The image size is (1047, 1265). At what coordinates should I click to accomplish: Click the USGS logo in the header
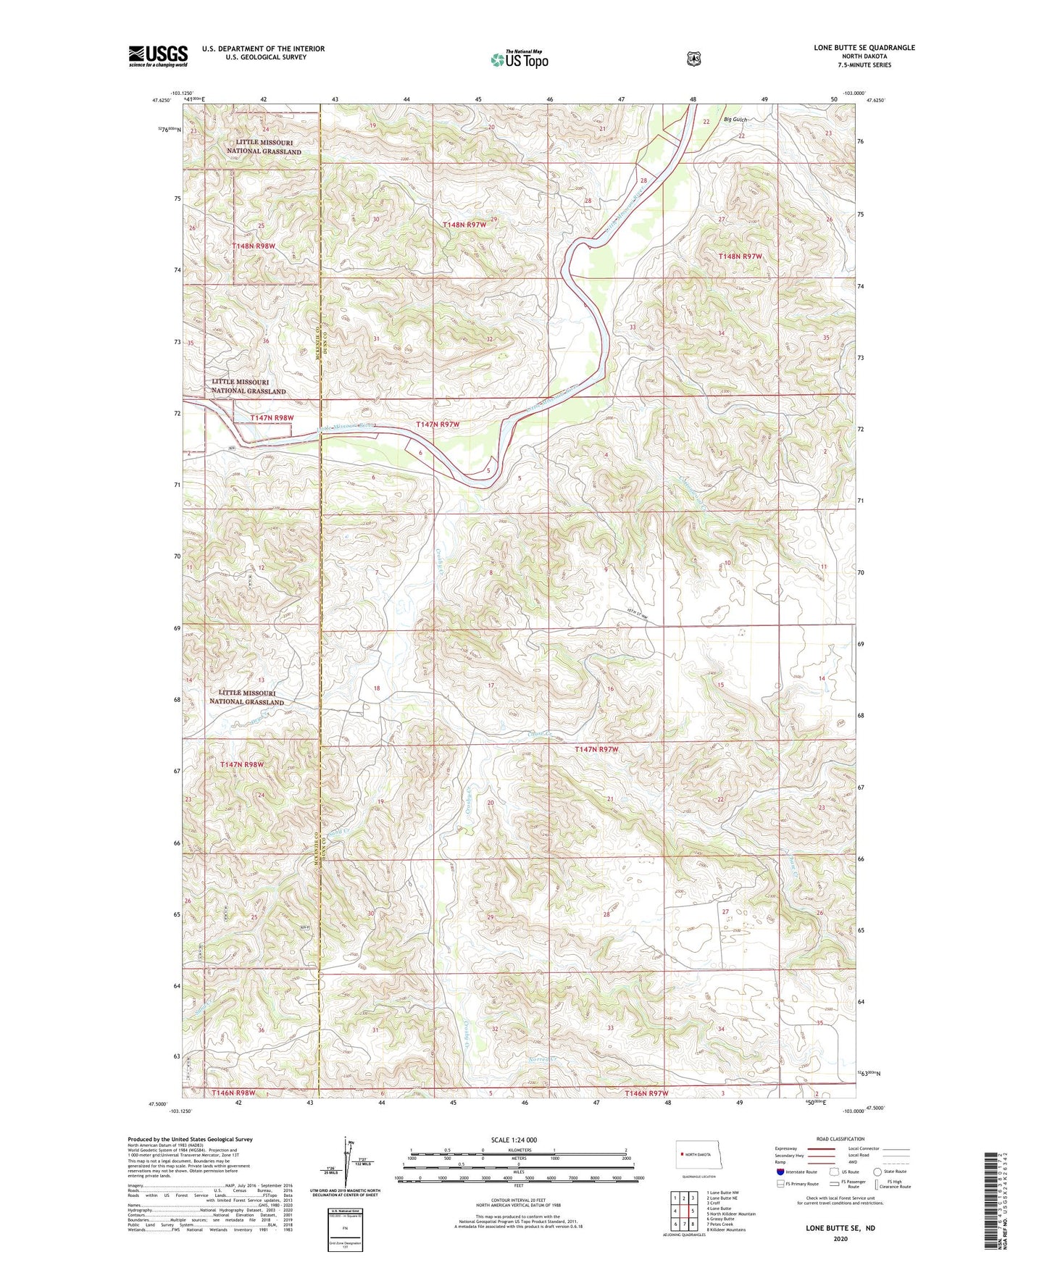(x=158, y=56)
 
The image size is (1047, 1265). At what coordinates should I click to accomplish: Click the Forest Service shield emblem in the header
(x=693, y=59)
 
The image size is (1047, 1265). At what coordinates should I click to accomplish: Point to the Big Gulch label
(x=735, y=120)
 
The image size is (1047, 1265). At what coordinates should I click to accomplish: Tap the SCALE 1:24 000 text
(x=514, y=1140)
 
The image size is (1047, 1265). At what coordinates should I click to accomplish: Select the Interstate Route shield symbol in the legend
(x=780, y=1171)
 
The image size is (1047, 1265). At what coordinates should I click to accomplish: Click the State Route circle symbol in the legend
(x=877, y=1171)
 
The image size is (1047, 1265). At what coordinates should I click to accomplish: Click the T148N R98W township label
(x=253, y=246)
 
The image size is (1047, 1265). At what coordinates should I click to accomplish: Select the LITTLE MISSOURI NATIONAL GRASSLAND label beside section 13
(x=246, y=697)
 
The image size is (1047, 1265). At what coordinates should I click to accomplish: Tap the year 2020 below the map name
(x=840, y=1238)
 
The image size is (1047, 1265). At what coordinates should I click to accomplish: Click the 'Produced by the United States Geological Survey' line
(x=190, y=1139)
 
